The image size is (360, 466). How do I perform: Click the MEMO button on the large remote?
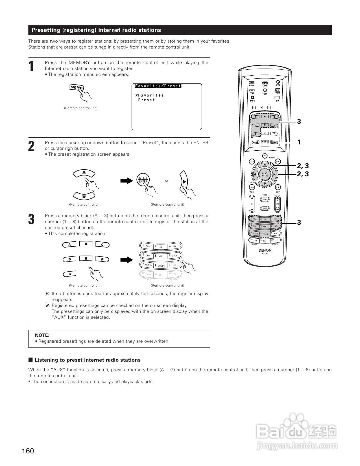coord(274,142)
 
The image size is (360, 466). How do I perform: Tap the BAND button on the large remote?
coord(256,142)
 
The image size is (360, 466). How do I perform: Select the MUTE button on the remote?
coord(265,208)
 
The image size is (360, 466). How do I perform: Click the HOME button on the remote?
coord(265,199)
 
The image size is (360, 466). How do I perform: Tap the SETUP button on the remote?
coord(252,162)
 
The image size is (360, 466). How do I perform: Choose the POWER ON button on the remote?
coord(265,155)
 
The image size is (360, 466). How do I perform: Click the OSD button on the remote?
coord(278,187)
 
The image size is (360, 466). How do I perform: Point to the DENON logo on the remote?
coord(265,250)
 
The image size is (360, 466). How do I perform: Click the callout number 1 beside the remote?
coord(299,142)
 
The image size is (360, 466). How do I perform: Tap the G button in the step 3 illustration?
coord(69,274)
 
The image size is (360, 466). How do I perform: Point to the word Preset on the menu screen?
coord(147,100)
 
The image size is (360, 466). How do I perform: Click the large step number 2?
coord(31,146)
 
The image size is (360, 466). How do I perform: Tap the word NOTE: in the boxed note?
coord(42,335)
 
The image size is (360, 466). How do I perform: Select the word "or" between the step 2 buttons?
coord(167,181)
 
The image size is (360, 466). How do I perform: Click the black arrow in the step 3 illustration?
coord(126,260)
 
